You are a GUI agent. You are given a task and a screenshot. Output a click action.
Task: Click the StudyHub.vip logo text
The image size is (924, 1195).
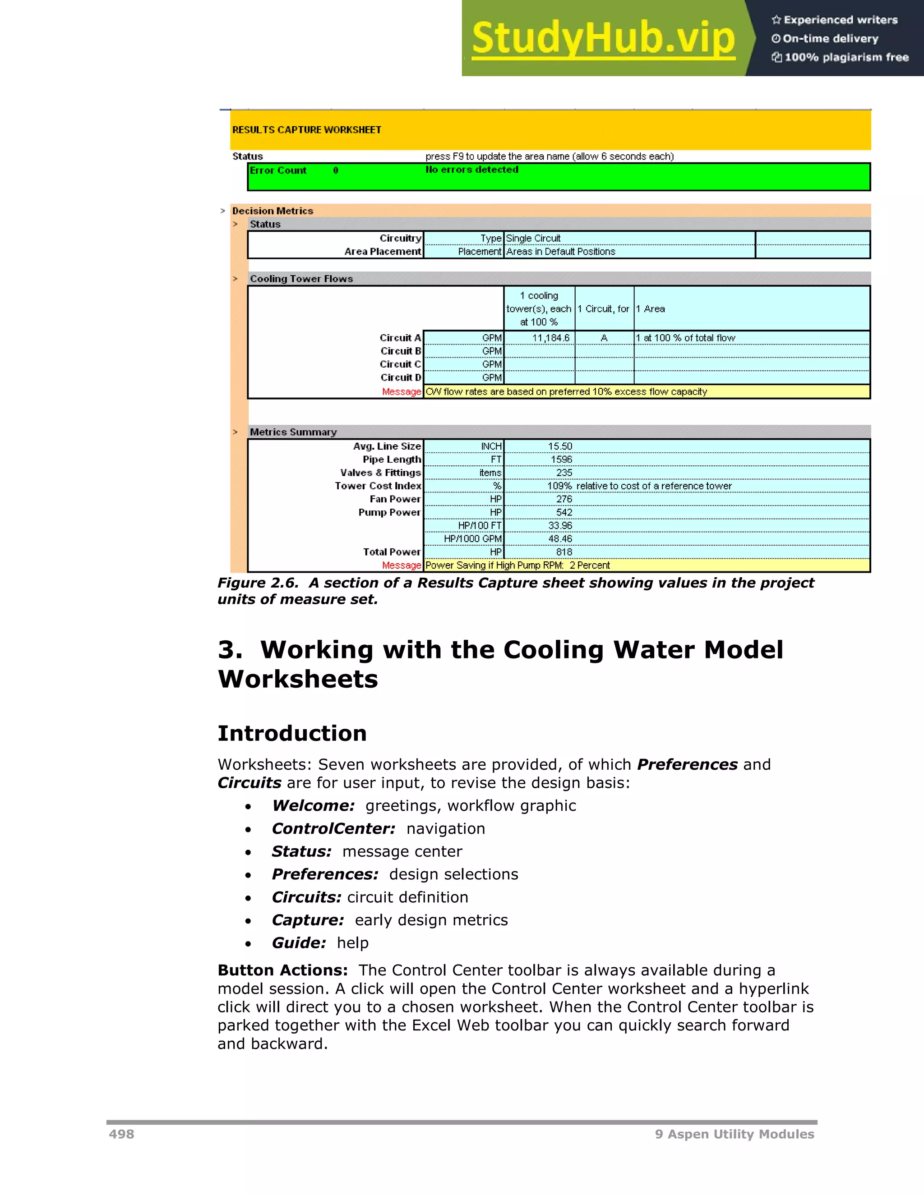click(603, 38)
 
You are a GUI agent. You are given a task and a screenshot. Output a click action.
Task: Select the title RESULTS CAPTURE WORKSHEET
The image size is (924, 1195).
click(306, 130)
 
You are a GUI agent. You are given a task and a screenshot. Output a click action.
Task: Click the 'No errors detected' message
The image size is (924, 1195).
click(472, 170)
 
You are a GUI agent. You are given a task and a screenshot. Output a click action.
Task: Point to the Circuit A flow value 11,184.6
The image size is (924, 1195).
click(551, 338)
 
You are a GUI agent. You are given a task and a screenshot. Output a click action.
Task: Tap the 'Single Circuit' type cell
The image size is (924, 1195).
click(533, 239)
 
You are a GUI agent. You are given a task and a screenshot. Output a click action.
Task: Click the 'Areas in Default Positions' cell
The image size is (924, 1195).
click(560, 252)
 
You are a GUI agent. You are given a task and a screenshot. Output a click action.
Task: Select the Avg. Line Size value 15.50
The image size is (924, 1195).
click(560, 446)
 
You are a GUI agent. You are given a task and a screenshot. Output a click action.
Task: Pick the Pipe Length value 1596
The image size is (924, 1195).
click(561, 460)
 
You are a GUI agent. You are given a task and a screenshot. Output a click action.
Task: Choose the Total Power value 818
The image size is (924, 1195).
click(564, 552)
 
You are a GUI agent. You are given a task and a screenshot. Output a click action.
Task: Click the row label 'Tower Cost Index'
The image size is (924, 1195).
click(378, 486)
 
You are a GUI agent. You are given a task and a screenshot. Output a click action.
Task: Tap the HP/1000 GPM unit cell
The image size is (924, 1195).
click(472, 539)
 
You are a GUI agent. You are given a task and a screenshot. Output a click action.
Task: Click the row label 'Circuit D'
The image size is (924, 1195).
click(401, 377)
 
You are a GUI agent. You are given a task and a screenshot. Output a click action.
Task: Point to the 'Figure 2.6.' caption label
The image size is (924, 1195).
click(257, 583)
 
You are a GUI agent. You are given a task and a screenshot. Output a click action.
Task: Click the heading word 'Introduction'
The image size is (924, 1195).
click(292, 733)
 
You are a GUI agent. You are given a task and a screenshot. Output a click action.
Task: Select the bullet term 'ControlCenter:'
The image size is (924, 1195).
click(333, 828)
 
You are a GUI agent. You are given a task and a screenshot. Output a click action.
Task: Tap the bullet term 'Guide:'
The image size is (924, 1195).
click(299, 943)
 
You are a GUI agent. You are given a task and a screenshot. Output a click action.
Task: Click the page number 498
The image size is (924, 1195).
click(121, 1134)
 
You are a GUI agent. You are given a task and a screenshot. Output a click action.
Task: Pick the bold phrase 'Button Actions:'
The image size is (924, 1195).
click(282, 970)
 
